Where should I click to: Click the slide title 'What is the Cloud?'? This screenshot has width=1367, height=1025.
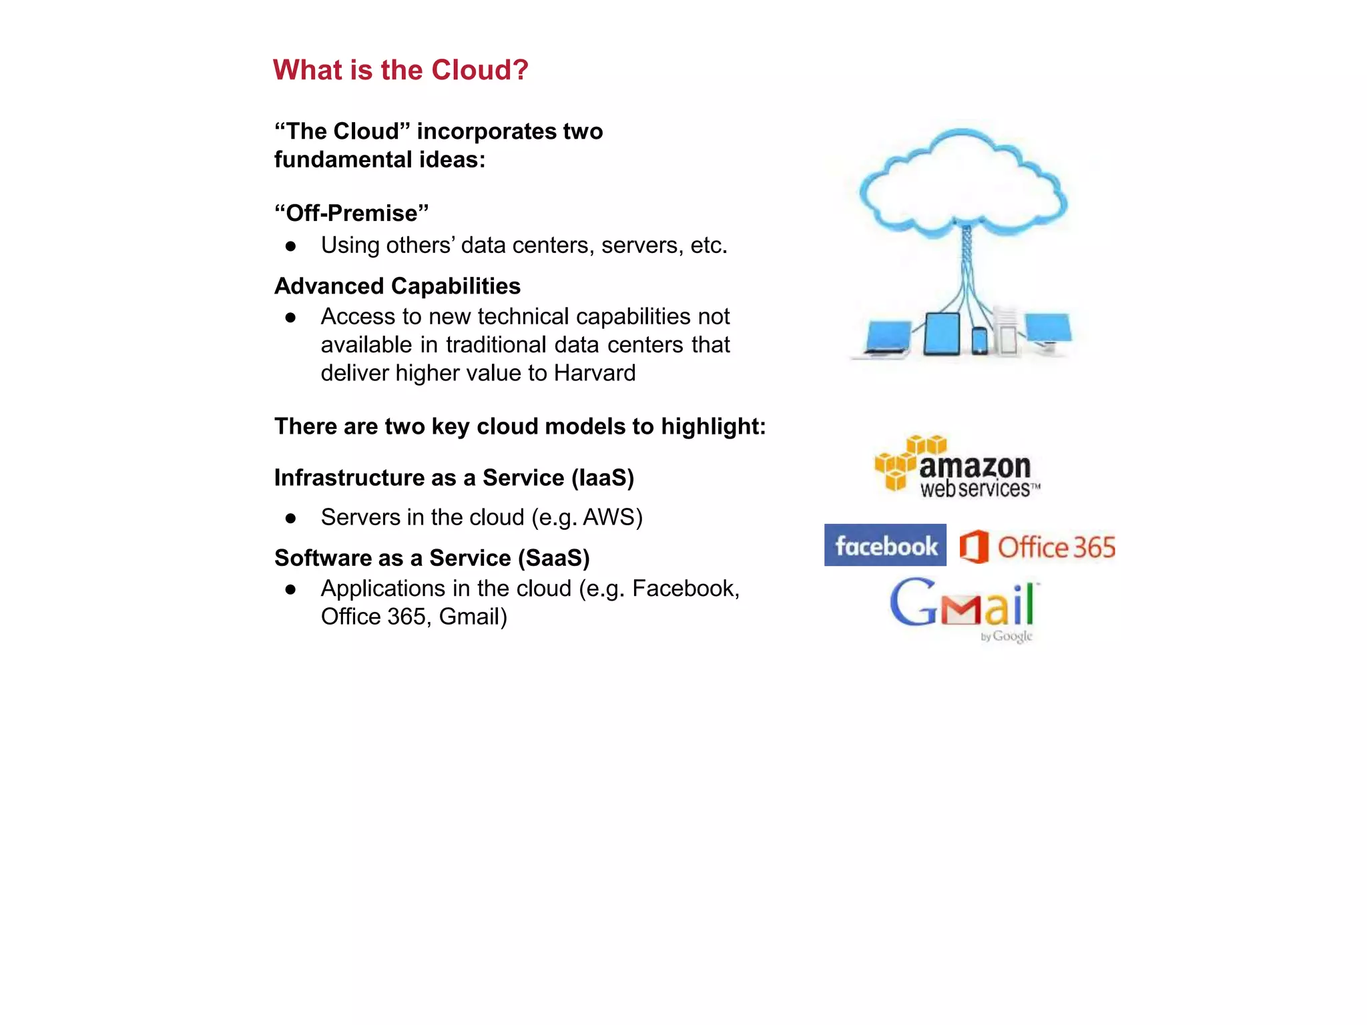coord(400,70)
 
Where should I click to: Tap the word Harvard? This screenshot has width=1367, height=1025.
coord(594,373)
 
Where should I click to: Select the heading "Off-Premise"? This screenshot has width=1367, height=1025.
coord(352,214)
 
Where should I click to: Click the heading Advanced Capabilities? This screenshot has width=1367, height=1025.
coord(397,286)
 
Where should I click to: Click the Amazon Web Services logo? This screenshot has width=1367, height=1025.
coord(958,467)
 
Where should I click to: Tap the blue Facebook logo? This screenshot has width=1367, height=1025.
coord(885,545)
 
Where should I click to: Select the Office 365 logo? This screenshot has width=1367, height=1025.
coord(1037,547)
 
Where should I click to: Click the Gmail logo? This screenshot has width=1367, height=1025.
coord(964,606)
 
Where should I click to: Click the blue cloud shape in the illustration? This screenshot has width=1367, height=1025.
coord(963,184)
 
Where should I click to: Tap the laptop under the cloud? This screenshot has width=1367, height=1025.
coord(886,338)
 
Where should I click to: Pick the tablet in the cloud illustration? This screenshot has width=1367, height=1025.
coord(941,333)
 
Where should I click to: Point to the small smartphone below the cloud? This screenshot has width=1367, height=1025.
coord(979,340)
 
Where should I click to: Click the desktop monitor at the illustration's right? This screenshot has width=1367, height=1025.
coord(1048,330)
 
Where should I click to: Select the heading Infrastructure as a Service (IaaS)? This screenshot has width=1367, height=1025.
coord(454,478)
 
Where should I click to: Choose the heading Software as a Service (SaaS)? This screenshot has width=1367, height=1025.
coord(432,558)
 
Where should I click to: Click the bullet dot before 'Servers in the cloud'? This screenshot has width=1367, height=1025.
coord(290,519)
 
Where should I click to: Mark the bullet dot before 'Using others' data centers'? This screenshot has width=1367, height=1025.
coord(290,246)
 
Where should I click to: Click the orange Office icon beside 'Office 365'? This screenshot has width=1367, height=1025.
coord(974,547)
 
